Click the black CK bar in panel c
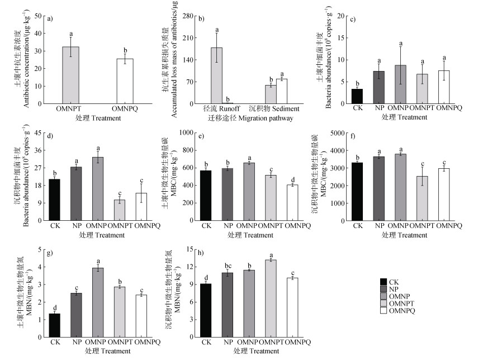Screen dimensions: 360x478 (x=357, y=96)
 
